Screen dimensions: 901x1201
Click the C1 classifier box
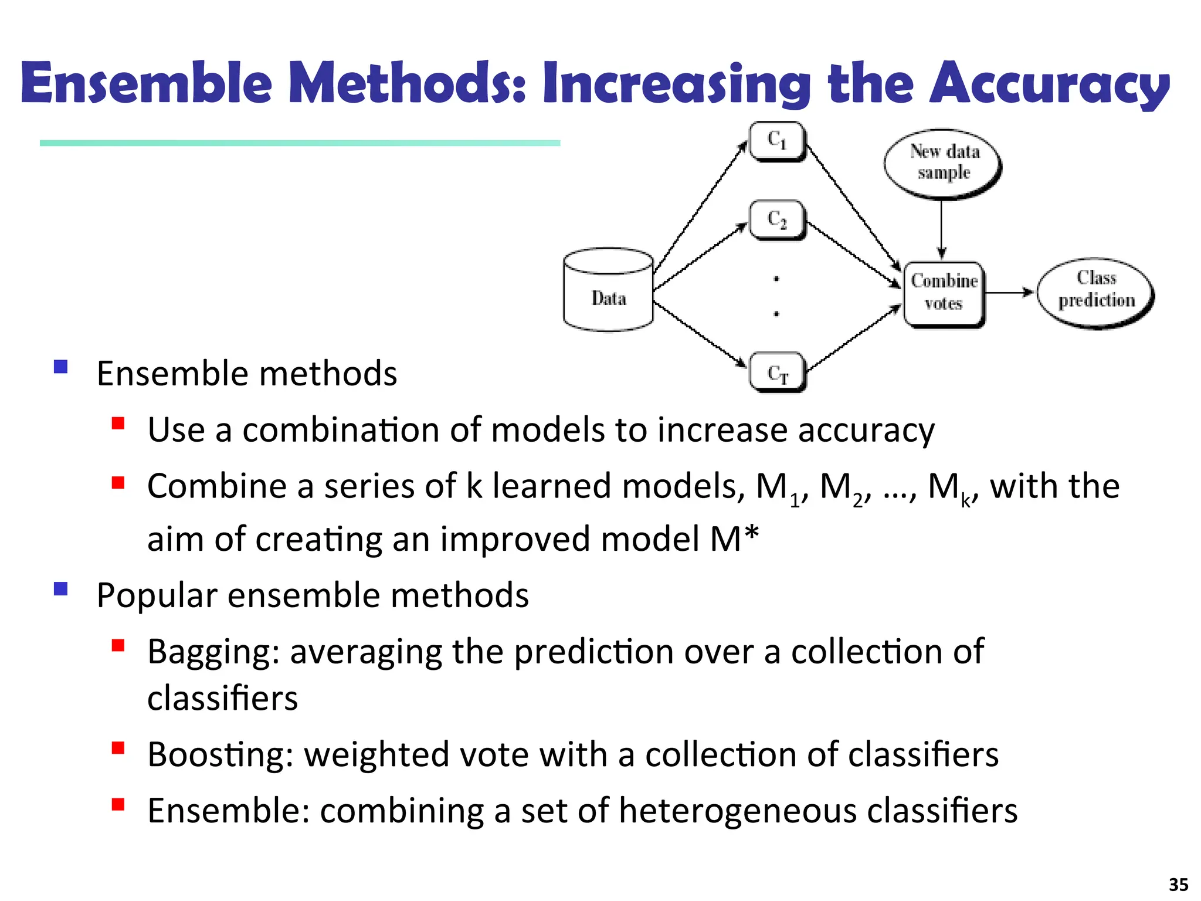777,141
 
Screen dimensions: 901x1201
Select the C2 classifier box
777,219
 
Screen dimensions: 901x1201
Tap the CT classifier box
778,372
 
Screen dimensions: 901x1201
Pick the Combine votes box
944,293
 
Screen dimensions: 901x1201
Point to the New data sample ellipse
943,162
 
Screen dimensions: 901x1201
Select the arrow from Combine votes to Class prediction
1009,292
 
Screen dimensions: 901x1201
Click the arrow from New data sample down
941,229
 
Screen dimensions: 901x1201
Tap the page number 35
1178,884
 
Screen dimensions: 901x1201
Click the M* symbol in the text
734,538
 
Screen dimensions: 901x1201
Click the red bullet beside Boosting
118,748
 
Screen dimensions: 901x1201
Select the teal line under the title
300,143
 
